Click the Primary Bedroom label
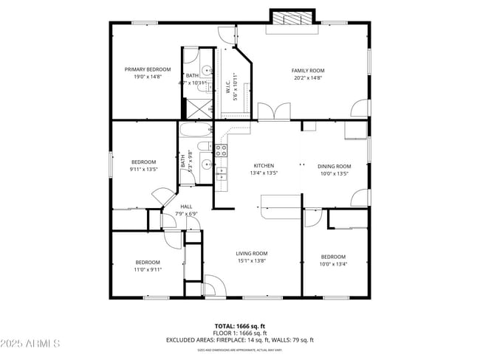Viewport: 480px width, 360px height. (147, 69)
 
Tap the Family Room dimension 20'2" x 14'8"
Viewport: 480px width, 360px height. (308, 77)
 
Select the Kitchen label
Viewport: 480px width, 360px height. (264, 166)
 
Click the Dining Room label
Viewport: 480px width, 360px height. (334, 166)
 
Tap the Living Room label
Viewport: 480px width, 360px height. (251, 253)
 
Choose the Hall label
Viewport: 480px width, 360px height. (186, 207)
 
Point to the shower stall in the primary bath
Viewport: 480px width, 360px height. (196, 108)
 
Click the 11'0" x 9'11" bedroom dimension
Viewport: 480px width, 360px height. (148, 270)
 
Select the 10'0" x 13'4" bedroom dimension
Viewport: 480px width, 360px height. (333, 264)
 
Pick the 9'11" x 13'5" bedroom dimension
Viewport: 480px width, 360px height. (143, 169)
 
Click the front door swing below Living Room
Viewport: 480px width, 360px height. (214, 285)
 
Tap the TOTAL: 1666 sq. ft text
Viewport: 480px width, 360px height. (240, 325)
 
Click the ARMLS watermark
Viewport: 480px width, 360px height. (31, 344)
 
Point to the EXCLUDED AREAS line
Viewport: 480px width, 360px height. (240, 340)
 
